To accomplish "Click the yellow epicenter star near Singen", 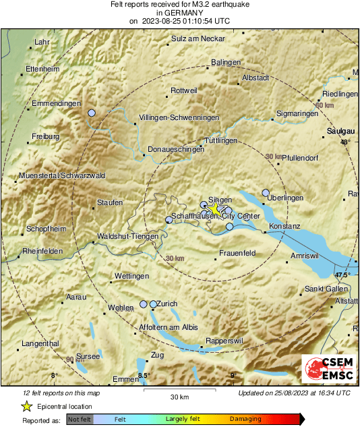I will click(x=215, y=210).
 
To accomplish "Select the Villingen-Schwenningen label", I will click(x=179, y=117).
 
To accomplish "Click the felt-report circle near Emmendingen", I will click(x=92, y=113).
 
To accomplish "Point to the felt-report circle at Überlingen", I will click(x=266, y=192).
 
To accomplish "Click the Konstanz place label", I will click(x=284, y=225).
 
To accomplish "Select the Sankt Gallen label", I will click(x=326, y=289).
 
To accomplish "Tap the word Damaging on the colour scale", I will click(x=245, y=419).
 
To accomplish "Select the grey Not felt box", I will click(x=79, y=419).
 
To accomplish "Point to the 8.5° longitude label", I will click(x=143, y=375).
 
